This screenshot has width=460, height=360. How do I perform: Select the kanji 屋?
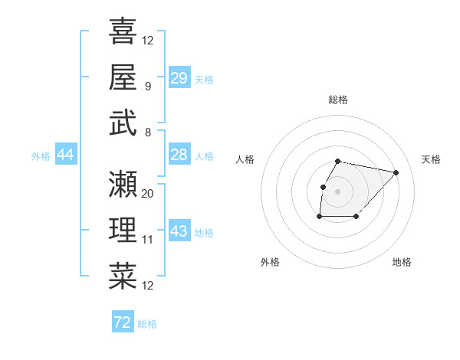(123, 77)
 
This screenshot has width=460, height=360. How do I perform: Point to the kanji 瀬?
(123, 184)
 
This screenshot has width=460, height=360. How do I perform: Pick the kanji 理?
(123, 230)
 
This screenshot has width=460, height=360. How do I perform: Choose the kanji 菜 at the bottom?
(123, 276)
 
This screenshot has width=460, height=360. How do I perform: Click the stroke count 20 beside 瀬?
(148, 194)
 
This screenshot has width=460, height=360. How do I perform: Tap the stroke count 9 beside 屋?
(147, 86)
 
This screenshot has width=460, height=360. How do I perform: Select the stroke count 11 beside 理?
(148, 240)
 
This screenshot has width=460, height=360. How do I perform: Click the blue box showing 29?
(179, 78)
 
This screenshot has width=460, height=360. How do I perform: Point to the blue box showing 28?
(179, 155)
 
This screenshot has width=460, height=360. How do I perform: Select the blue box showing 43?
(179, 231)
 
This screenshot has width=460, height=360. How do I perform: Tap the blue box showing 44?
(65, 155)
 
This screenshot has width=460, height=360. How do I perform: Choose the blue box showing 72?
(122, 322)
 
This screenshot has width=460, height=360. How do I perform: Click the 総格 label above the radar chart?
(338, 100)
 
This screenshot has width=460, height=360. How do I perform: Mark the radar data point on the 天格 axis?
(396, 172)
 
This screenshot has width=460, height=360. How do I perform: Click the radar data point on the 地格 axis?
(356, 218)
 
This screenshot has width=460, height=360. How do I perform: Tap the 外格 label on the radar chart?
(270, 262)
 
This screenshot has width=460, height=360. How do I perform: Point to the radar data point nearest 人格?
(323, 187)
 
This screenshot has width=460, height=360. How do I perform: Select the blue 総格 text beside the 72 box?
(147, 324)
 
